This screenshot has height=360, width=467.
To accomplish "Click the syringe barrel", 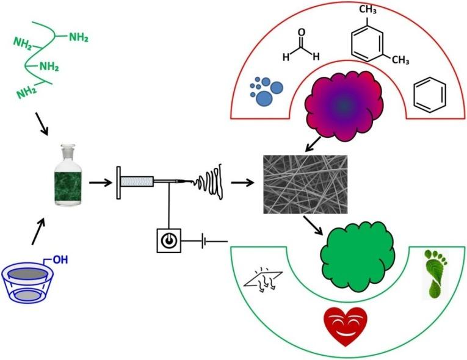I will (x=137, y=181).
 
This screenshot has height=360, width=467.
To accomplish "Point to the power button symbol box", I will (x=167, y=242).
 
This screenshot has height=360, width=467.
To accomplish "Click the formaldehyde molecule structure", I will (x=300, y=48).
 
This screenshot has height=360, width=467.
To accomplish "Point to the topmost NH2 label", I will (x=78, y=37).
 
